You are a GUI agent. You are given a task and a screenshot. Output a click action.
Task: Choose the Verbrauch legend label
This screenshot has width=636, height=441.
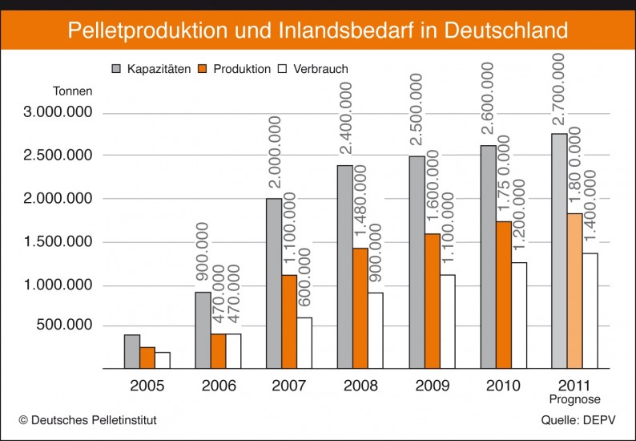(x=319, y=69)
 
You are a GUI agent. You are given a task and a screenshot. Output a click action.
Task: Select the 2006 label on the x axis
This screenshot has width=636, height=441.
(x=218, y=386)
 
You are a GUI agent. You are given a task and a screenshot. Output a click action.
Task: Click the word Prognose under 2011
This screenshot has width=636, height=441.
(x=574, y=399)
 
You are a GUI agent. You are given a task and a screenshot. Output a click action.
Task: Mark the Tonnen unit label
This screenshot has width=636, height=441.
(x=73, y=91)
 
